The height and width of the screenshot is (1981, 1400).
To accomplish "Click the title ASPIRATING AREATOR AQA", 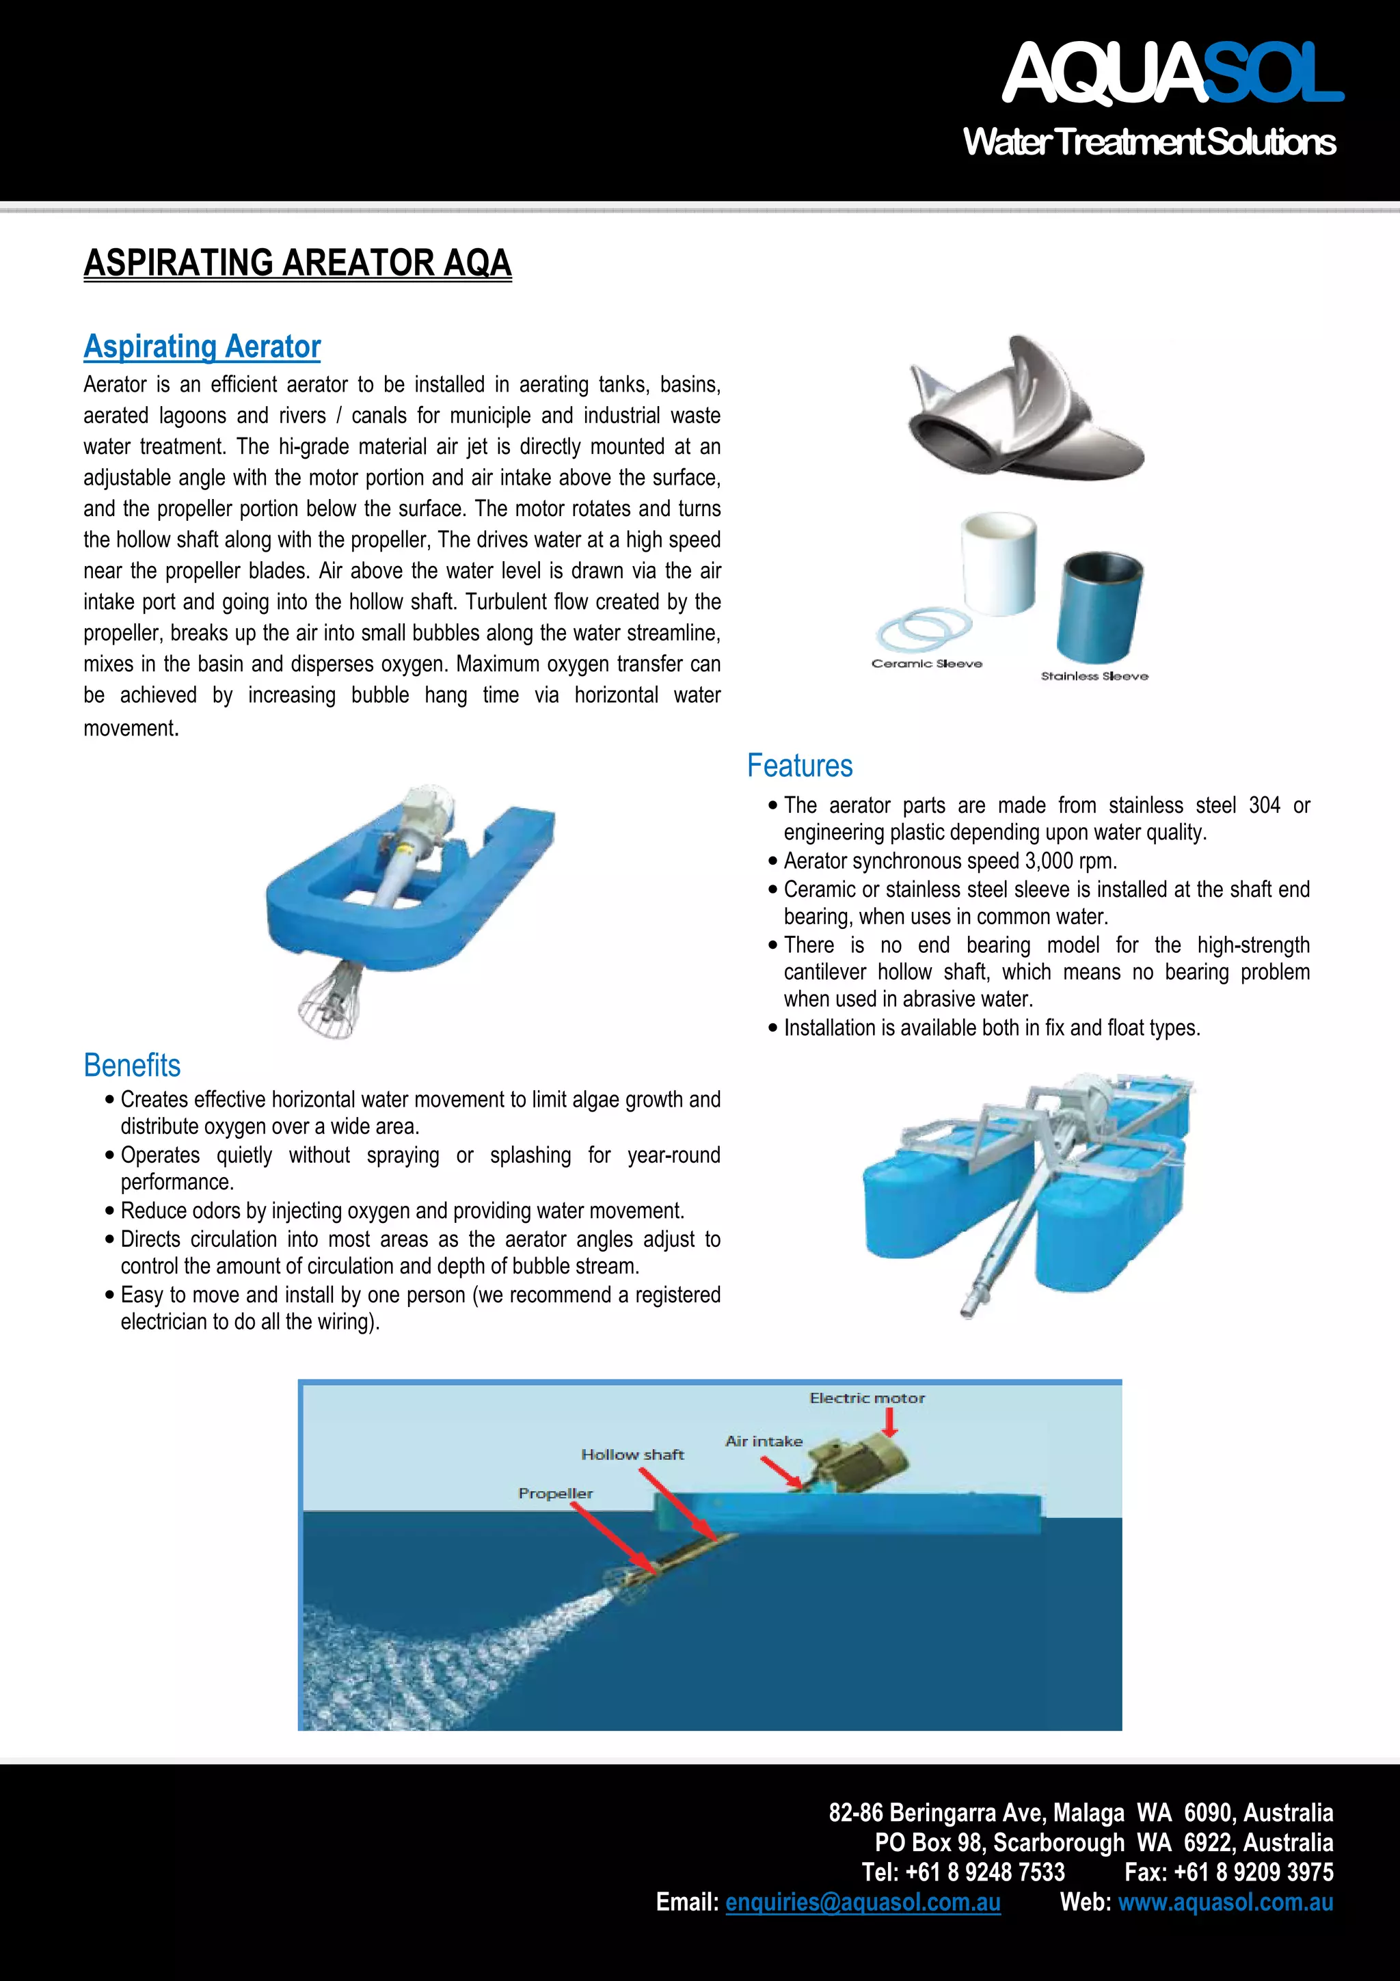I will (297, 263).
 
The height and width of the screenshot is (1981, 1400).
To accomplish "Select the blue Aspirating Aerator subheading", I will (202, 347).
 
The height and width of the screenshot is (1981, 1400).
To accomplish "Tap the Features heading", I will (800, 766).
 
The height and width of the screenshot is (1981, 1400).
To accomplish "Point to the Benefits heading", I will (132, 1066).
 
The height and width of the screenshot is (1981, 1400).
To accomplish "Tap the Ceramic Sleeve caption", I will (926, 664).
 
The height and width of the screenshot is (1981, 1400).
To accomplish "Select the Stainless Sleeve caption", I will (1094, 677).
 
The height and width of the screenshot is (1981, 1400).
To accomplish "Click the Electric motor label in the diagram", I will (866, 1399).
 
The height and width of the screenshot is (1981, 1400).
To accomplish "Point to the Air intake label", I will (764, 1441).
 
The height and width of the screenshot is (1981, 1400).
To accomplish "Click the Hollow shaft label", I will (632, 1455).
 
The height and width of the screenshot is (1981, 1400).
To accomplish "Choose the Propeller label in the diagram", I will (556, 1494).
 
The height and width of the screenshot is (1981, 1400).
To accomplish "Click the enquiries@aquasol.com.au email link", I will (863, 1902).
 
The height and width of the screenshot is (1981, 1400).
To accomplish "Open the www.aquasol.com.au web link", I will (1225, 1902).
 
